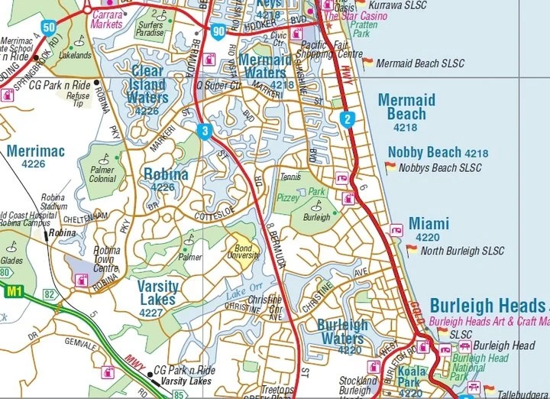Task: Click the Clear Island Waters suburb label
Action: click(147, 89)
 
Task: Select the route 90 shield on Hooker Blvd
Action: click(219, 31)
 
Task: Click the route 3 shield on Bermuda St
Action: click(205, 131)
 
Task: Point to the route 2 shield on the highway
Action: click(348, 118)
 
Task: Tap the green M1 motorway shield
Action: click(14, 291)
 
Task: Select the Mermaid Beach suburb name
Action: click(406, 107)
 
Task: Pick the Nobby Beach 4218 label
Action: click(437, 152)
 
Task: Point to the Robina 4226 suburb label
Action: click(165, 179)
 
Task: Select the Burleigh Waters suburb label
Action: click(341, 330)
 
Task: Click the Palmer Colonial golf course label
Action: click(102, 174)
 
